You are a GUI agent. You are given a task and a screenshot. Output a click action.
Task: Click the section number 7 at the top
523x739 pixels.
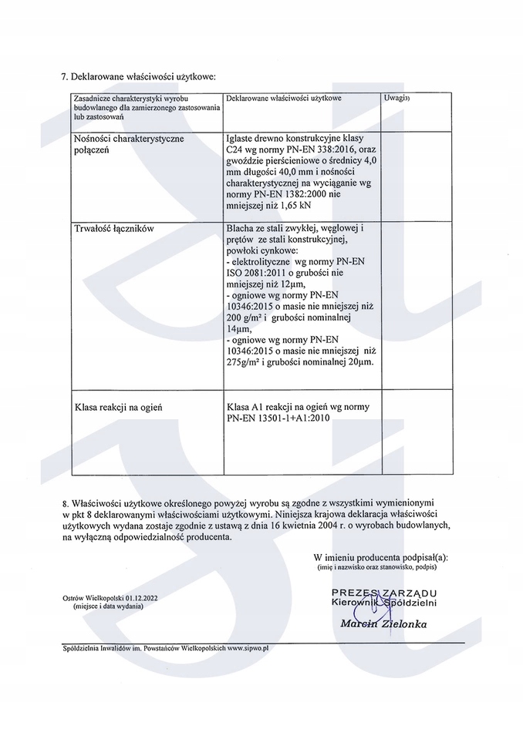point(63,77)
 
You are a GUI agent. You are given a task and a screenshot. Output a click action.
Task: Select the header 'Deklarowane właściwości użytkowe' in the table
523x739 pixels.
point(284,99)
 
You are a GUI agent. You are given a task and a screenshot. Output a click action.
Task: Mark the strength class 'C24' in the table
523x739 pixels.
point(235,149)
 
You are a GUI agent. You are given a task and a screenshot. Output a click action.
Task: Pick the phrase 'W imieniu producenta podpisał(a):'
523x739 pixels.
point(380,556)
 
